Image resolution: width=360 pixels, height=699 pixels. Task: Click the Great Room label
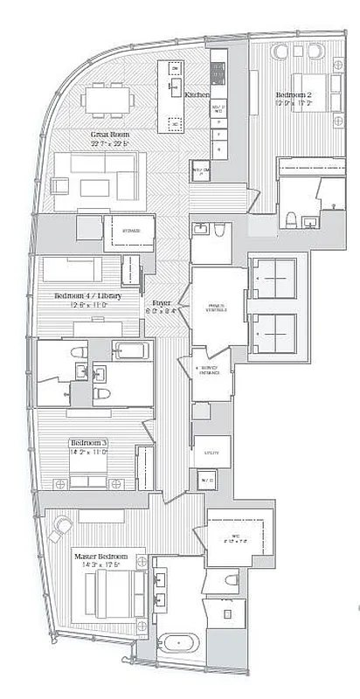[111, 134]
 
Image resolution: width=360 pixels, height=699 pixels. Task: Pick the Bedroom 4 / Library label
[87, 296]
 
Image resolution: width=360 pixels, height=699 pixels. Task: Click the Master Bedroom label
[100, 557]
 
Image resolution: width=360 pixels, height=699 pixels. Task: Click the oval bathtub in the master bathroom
[180, 642]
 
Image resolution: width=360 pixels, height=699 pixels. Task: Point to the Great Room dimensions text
[111, 144]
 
